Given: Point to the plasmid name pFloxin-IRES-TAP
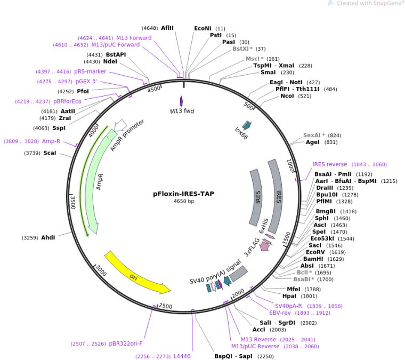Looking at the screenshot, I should pyautogui.click(x=184, y=194).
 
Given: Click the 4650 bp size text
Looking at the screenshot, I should pyautogui.click(x=184, y=202).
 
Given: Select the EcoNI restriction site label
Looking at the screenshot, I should pyautogui.click(x=203, y=28).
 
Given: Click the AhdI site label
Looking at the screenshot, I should pyautogui.click(x=47, y=237).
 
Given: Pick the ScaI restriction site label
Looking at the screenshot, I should pyautogui.click(x=50, y=153).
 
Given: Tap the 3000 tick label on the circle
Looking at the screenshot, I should pyautogui.click(x=100, y=270).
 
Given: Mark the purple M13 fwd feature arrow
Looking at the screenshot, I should pyautogui.click(x=182, y=101).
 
